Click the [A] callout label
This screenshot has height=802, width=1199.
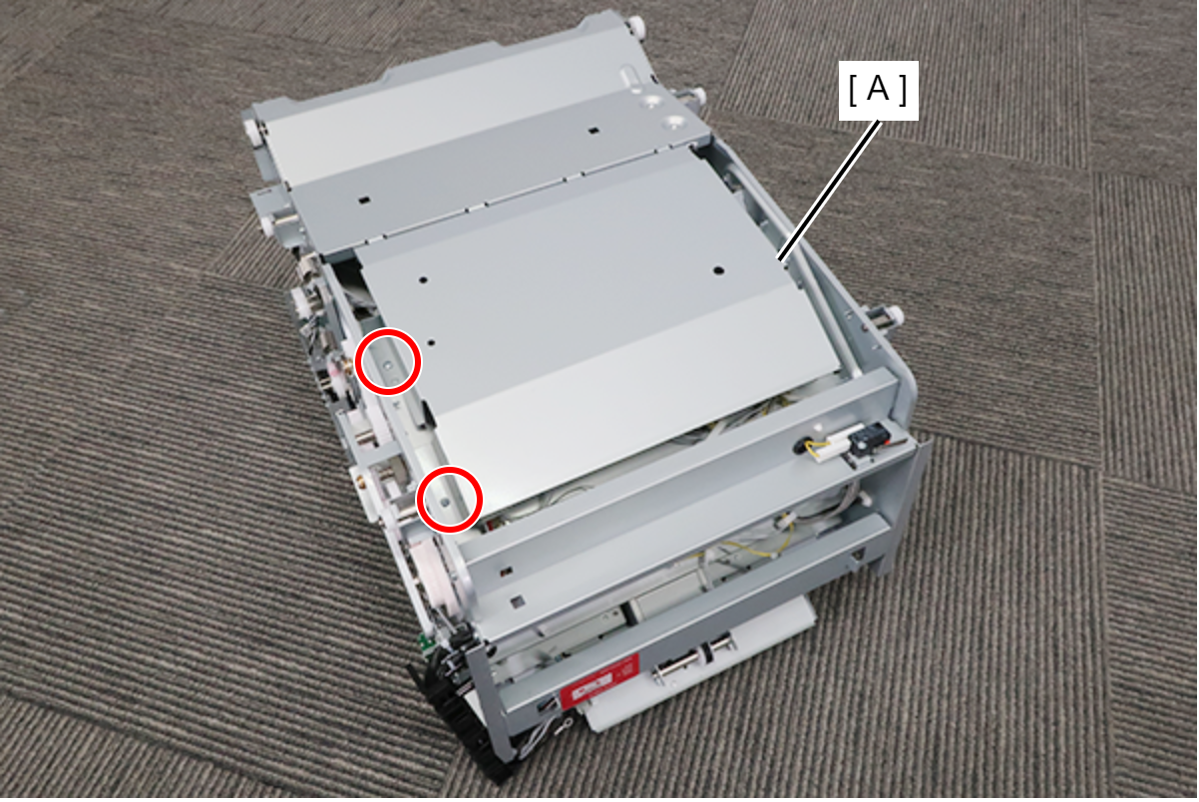coord(878,91)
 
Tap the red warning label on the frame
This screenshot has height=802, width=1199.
coord(599,681)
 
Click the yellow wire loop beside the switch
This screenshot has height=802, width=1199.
coord(814,450)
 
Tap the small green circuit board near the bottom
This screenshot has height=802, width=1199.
coord(426,640)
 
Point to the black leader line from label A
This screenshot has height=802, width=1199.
coord(831,190)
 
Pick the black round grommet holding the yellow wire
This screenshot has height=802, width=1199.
coord(803,446)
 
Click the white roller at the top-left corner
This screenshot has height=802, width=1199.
coord(249,130)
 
